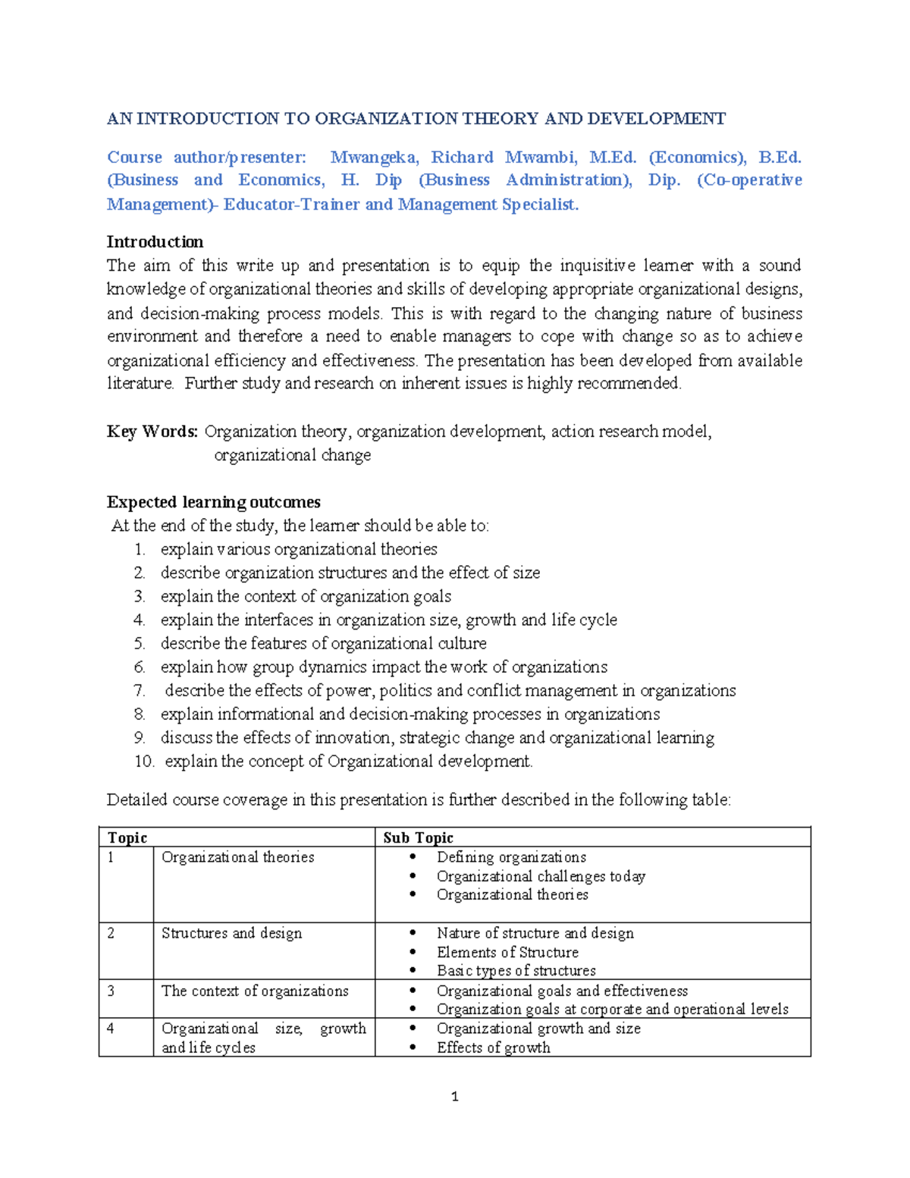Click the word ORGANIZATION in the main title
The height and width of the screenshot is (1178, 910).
tap(386, 118)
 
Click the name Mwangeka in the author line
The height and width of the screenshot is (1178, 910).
tap(373, 157)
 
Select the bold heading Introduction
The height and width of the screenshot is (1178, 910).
tap(155, 242)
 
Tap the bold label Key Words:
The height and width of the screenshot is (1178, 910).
tap(152, 432)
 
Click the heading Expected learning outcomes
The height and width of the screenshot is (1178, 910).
tap(213, 502)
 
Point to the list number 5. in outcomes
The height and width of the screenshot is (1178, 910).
tap(140, 644)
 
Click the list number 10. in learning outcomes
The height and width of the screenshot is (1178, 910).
tap(144, 762)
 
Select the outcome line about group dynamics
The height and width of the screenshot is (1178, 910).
tap(384, 668)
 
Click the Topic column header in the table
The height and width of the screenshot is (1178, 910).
tap(127, 837)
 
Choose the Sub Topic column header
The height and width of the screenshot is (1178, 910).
tap(418, 837)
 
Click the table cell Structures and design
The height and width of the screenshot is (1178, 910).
tap(231, 933)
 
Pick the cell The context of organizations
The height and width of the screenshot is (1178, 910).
tap(255, 991)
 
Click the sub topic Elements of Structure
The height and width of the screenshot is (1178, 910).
tap(507, 952)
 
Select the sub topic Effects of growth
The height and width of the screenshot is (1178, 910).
tap(493, 1048)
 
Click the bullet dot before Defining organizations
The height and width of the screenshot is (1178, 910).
tap(413, 857)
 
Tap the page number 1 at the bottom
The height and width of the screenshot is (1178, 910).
tap(454, 1096)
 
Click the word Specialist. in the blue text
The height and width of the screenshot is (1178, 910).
tap(540, 204)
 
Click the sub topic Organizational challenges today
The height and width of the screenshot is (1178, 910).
tap(541, 876)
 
